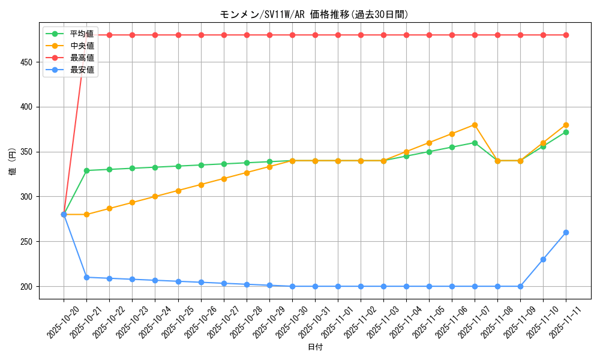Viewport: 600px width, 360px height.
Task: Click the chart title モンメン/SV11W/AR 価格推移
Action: [x=314, y=14]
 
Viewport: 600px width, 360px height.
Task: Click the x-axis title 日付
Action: [x=315, y=347]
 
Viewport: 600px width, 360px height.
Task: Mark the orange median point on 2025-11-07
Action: [x=475, y=125]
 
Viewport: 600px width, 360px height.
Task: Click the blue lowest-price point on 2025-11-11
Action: [x=566, y=232]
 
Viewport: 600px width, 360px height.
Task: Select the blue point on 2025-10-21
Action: [x=86, y=277]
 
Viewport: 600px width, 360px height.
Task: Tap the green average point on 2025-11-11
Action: [x=566, y=132]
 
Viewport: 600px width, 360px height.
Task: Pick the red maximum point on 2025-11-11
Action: [x=566, y=35]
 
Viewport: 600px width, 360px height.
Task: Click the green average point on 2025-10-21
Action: [x=86, y=170]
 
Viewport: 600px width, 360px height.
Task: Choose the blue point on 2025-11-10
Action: [x=543, y=259]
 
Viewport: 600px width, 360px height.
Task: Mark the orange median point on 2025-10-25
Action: [x=178, y=191]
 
